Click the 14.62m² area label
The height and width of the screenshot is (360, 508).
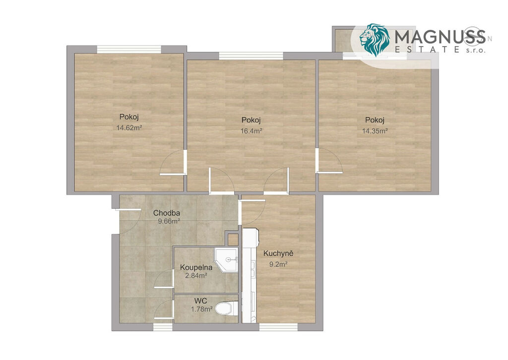(129, 128)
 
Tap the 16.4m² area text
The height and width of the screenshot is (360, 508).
(251, 131)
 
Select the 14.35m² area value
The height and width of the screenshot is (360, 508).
(375, 131)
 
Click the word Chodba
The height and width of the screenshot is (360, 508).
(167, 213)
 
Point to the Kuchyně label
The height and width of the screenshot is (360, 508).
(278, 253)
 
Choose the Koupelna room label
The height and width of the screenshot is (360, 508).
(196, 267)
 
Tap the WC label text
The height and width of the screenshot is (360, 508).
(201, 301)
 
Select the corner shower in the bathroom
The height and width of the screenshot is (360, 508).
(226, 260)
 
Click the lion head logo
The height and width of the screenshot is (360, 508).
(375, 40)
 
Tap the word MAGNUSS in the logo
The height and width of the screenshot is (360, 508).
(440, 37)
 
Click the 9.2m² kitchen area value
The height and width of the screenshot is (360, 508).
(279, 264)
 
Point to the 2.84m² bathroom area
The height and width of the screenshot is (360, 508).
(196, 276)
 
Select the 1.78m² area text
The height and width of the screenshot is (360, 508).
(201, 309)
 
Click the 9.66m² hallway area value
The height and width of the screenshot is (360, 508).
(169, 222)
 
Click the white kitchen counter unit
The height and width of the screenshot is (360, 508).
(250, 276)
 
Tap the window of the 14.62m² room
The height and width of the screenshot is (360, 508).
(129, 49)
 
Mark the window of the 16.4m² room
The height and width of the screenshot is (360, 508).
(251, 56)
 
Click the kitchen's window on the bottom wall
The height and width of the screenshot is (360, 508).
(278, 327)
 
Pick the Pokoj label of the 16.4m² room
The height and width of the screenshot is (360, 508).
(251, 120)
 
